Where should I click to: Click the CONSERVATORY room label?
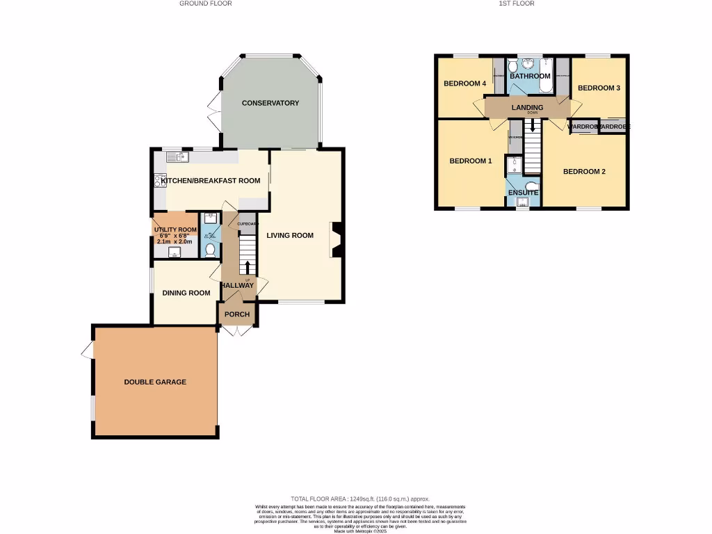point(270,103)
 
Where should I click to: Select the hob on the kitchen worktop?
point(159,181)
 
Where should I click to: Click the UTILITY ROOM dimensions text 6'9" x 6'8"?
point(175,236)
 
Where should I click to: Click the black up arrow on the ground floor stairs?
point(248,267)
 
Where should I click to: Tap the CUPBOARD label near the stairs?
point(248,224)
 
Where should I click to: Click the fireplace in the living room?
point(337,240)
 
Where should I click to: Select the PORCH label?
point(236,314)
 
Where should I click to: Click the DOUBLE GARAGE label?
point(155,382)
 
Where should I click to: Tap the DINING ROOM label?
point(186,293)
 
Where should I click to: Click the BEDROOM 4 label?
point(464,83)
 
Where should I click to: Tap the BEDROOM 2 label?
point(584,171)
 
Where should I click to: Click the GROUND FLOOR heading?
point(206,3)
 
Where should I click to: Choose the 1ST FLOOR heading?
point(517,3)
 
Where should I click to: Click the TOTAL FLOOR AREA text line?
point(360,499)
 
